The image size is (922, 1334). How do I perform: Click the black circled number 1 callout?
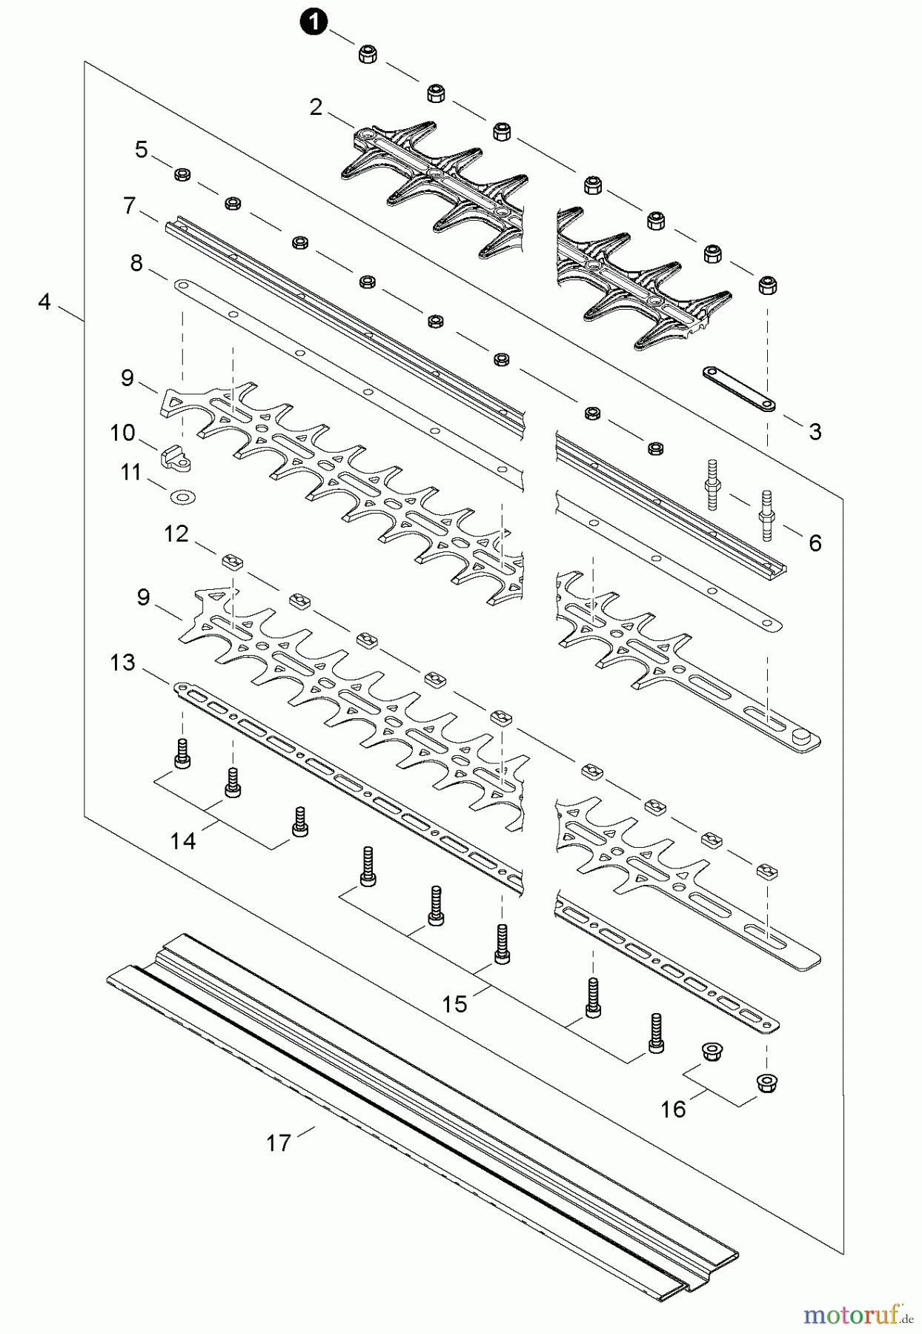pos(313,24)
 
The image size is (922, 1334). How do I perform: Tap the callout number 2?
pos(316,107)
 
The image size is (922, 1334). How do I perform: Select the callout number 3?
pos(815,432)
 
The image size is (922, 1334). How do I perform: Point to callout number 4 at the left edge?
pos(44,302)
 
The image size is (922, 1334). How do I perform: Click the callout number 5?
pos(142,150)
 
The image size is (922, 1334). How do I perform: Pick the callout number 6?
pos(815,543)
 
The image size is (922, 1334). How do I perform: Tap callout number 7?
pos(130,205)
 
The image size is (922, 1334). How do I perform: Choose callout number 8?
pos(136,262)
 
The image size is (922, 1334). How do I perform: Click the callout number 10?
pos(122,433)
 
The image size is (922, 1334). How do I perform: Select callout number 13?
pos(122,662)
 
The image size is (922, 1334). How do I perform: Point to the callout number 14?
pos(183,840)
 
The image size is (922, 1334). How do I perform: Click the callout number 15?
pos(454,1004)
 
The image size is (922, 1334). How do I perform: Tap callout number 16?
pos(673,1109)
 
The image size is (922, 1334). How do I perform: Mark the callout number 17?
pos(279,1144)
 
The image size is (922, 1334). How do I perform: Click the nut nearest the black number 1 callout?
pos(367,54)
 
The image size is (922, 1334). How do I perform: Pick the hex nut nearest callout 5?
pos(182,175)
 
